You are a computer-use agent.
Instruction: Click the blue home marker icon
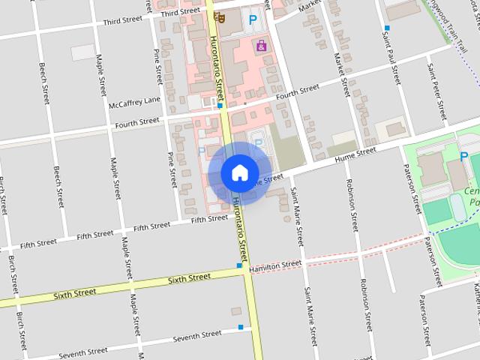(x=239, y=172)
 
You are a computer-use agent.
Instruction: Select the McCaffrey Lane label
(x=134, y=101)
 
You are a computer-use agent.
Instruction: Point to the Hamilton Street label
(x=275, y=265)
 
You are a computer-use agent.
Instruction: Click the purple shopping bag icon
(x=261, y=46)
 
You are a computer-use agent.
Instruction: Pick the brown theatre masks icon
(x=220, y=16)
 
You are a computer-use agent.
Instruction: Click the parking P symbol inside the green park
(x=464, y=157)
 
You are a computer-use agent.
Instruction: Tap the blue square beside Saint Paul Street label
(x=387, y=27)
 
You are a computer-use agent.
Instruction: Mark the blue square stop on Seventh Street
(x=241, y=327)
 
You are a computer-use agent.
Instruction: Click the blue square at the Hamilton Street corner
(x=239, y=265)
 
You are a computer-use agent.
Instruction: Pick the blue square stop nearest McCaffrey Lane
(x=219, y=106)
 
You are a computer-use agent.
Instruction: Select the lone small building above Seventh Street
(x=236, y=310)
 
